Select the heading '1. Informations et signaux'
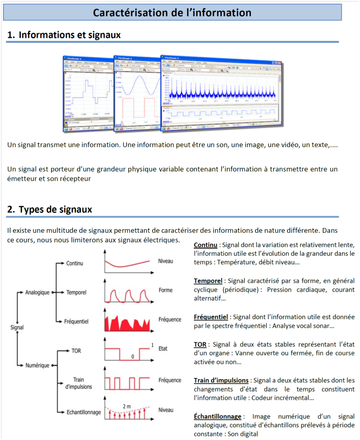[64, 35]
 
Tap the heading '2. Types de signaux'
[50, 209]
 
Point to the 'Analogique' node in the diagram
[37, 292]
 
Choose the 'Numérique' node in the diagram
[37, 365]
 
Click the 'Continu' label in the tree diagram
[74, 263]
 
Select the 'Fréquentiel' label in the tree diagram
[76, 322]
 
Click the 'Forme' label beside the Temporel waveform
[165, 290]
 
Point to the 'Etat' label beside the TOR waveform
[163, 349]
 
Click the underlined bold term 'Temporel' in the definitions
[208, 281]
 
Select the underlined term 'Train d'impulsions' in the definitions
[221, 380]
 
